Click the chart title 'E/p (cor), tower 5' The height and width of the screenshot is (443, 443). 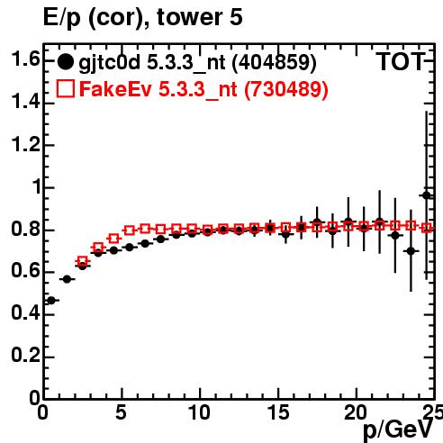click(x=142, y=18)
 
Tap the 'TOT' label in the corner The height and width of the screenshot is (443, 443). click(x=401, y=62)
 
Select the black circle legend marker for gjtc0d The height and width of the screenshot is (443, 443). click(x=65, y=62)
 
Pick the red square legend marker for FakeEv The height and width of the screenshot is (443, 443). click(x=65, y=88)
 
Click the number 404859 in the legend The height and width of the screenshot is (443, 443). click(x=275, y=62)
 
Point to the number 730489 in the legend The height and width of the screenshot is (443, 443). click(x=286, y=89)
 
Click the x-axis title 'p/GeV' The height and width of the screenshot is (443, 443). click(x=398, y=429)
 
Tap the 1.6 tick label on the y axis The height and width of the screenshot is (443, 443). click(x=25, y=59)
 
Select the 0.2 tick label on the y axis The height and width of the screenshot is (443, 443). click(x=25, y=355)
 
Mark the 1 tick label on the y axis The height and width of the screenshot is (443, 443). click(x=35, y=186)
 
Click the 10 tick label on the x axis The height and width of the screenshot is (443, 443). click(x=199, y=412)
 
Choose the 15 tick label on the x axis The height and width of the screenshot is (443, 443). click(x=277, y=412)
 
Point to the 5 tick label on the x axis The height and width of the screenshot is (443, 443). click(x=121, y=412)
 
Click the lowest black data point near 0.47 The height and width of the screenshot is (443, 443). click(x=51, y=300)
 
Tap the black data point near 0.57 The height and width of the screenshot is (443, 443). click(x=67, y=279)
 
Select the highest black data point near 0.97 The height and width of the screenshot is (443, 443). click(x=427, y=195)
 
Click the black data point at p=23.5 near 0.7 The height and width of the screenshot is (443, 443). click(x=411, y=251)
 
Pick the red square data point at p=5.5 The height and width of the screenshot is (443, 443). click(x=130, y=231)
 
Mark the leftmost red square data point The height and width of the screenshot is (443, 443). click(x=83, y=261)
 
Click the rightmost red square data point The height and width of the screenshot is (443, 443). click(x=427, y=228)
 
